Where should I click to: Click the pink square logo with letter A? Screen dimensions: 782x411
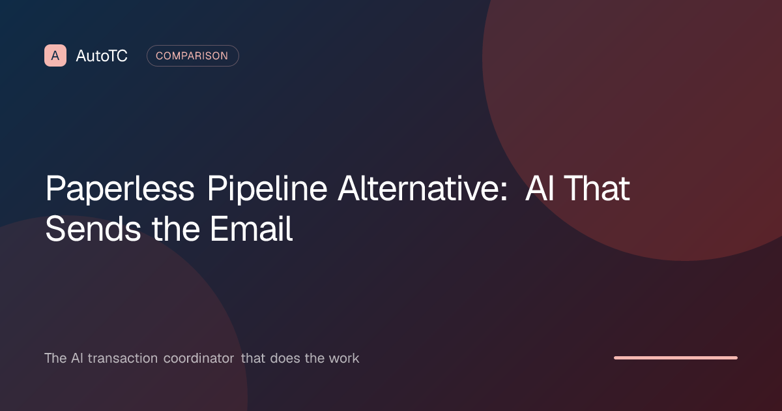pos(55,55)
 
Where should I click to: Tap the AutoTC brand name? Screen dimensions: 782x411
pos(102,56)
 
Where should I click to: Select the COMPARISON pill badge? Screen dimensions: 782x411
pos(193,55)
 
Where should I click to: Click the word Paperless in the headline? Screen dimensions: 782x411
pos(120,189)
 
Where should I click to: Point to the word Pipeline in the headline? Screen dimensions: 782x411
pos(267,189)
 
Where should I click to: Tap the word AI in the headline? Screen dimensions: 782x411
pos(540,188)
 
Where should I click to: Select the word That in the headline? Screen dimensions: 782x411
pos(597,188)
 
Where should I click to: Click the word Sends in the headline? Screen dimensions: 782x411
pos(93,229)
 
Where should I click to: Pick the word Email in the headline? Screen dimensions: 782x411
pos(252,228)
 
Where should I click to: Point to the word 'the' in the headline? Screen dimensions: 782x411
pos(175,228)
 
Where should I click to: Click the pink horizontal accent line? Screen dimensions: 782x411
pos(676,358)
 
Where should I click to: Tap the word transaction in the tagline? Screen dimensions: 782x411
pos(123,358)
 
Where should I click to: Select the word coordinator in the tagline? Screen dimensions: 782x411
pos(199,358)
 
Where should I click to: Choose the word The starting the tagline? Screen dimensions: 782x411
pos(55,358)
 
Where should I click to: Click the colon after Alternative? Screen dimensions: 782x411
pos(503,192)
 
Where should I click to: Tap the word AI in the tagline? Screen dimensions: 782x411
pos(77,358)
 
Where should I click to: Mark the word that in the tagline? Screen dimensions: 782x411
pos(253,358)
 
